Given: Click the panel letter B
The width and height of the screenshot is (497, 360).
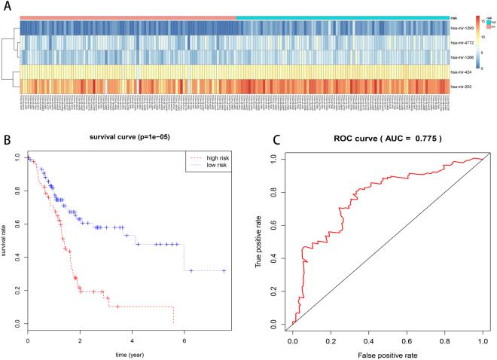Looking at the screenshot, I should point(6,140).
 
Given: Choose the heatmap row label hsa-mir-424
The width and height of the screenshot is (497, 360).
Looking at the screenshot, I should point(462,72).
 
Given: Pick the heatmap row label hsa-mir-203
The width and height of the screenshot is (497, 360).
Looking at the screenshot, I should point(462,87).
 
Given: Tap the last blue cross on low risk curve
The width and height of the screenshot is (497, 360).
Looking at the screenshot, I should point(224,270).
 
